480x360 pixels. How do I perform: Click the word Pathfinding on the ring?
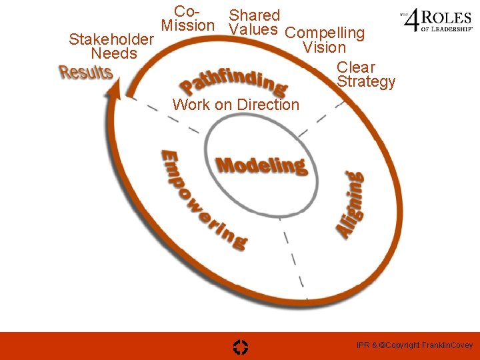tap(233, 81)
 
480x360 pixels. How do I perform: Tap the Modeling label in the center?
tap(261, 165)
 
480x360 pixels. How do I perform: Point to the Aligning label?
tap(350, 204)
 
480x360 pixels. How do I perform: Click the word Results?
tap(85, 72)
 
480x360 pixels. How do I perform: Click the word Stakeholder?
tap(111, 39)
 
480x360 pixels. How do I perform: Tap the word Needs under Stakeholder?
tap(114, 53)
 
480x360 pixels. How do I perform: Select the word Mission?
tap(188, 26)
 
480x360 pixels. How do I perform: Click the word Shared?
tap(255, 15)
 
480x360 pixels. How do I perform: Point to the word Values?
tap(253, 29)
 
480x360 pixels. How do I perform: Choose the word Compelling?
tap(325, 33)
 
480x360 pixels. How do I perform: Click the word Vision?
tap(324, 47)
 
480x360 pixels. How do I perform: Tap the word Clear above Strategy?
tap(356, 67)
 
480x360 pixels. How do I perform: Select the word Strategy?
tap(366, 82)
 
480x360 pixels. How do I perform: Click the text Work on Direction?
tap(236, 105)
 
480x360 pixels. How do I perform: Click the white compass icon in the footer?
tap(241, 346)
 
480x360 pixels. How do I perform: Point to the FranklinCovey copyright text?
tap(414, 345)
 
